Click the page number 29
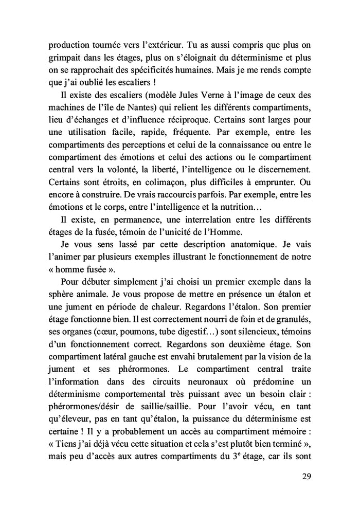[x=305, y=476]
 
